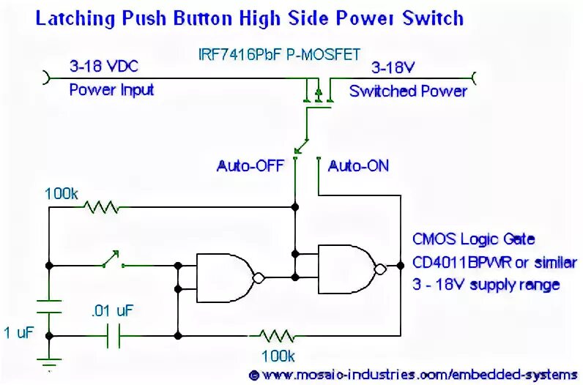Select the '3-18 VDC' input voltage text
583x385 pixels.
click(103, 67)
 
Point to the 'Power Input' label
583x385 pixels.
click(111, 90)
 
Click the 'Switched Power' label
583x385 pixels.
click(408, 91)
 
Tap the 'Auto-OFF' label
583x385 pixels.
click(251, 166)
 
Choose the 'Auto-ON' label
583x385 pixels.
click(358, 166)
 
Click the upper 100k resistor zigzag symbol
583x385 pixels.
click(102, 208)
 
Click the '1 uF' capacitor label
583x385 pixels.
click(19, 334)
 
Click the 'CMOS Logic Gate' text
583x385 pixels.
click(473, 239)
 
